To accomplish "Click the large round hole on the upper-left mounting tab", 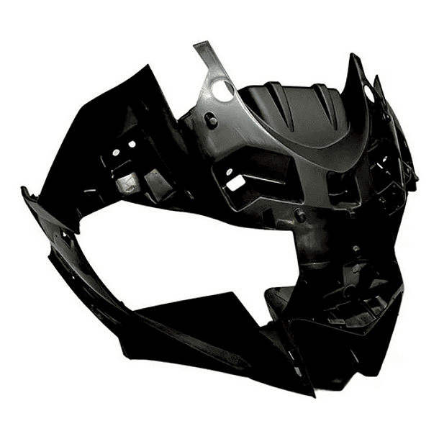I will (x=224, y=89).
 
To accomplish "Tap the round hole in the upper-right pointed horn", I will (x=369, y=94).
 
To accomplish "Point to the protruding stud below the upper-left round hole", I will (x=212, y=119).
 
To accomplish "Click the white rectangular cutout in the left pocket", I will (x=235, y=183).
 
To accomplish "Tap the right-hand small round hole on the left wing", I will (x=132, y=144).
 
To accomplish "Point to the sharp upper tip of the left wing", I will (x=153, y=67).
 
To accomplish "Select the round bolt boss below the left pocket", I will (x=300, y=217).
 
